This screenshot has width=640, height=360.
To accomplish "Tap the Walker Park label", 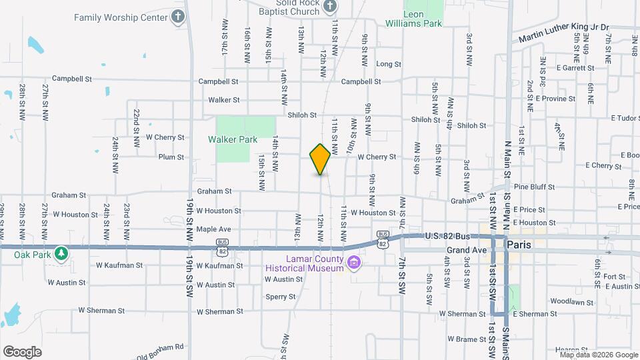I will coord(232,140).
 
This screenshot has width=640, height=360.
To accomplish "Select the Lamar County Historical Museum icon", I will coord(353,263).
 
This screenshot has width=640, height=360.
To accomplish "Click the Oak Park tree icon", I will coord(61,253).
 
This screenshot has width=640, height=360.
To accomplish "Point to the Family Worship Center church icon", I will coord(177,17).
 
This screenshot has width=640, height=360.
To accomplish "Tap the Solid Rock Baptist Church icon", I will coord(329,7).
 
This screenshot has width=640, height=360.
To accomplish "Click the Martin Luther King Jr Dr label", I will coord(565,27).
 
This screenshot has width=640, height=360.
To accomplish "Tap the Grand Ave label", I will coord(467,251).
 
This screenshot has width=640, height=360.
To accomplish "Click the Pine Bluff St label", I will coord(529,187).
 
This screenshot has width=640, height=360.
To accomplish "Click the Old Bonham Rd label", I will coord(160,347).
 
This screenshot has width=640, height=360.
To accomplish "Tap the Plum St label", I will coord(171,157).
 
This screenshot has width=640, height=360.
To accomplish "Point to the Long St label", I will coord(389,65).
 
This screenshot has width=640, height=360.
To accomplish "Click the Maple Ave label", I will coord(213,229).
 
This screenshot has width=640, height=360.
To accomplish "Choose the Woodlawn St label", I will coord(572,302).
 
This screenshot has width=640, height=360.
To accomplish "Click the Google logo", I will coord(22,351).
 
